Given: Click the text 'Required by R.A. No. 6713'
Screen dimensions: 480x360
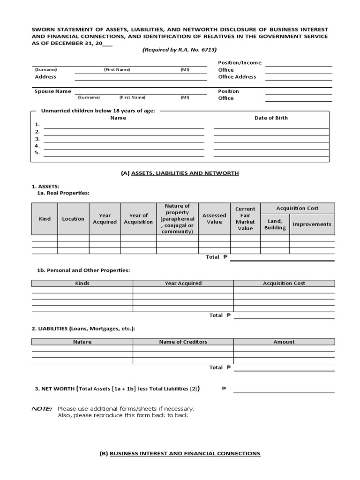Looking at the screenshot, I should pos(180,49).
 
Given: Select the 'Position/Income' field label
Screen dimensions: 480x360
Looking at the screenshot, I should pos(240,62).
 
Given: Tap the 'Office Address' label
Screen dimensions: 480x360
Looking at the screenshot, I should pos(237,76).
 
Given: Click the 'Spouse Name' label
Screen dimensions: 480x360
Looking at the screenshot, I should pos(53,91).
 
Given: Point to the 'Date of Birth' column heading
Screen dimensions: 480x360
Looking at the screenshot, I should pos(271,118).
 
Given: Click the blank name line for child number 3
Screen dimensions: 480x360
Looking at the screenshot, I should pos(124,139).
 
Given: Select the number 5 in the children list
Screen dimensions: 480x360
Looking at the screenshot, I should pos(37,152).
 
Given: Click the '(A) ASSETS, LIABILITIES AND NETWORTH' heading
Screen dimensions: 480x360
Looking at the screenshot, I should pos(180,173).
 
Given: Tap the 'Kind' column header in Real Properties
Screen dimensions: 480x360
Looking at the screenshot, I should pos(45,219).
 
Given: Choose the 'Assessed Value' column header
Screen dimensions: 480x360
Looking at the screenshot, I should pos(214,219).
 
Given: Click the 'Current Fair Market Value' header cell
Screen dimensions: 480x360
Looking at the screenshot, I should pos(245,219).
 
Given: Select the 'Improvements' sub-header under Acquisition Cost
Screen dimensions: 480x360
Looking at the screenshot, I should pos(312,224).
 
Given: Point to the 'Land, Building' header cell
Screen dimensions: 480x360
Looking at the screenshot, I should pos(275,224).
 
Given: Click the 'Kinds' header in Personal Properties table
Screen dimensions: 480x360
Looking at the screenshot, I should pos(82,283).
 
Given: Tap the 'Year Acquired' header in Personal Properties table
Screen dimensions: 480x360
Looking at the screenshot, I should pos(183,283).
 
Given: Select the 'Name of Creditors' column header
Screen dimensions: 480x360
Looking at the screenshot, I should pos(183,342).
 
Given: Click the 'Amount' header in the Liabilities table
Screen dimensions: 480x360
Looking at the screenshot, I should pos(284,342).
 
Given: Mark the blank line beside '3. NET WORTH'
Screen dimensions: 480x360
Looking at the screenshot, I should pos(284,389).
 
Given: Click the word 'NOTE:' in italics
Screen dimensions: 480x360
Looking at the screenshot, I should pos(42,409).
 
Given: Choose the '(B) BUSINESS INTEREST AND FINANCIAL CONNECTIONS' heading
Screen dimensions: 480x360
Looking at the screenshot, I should pos(180,454).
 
